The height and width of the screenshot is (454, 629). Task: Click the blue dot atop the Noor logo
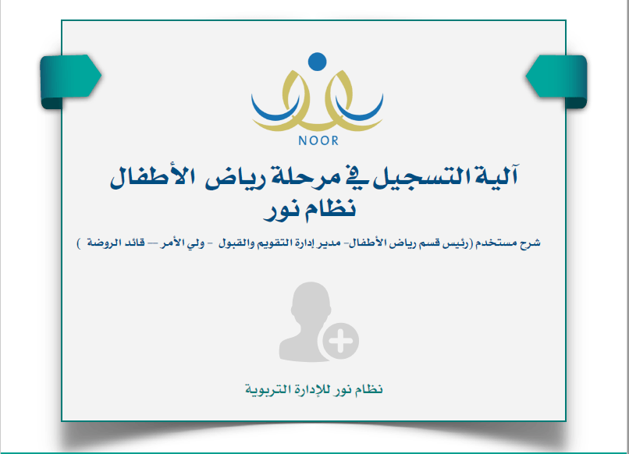[318, 62]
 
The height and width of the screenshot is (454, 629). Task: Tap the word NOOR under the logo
[318, 140]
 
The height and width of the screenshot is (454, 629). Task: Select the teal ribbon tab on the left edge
[70, 81]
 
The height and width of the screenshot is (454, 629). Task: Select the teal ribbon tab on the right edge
[556, 81]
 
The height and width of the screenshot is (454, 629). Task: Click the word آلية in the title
[497, 176]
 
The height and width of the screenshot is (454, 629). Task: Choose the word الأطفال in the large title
[153, 177]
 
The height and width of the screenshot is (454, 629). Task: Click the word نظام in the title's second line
[331, 207]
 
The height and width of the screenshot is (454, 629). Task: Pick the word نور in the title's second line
[281, 210]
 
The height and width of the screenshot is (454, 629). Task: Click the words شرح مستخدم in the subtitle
[508, 243]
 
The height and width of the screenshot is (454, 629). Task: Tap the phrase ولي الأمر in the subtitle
[183, 243]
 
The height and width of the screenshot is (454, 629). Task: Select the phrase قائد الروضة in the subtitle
[116, 243]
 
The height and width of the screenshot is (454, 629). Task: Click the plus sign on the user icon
[340, 341]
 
